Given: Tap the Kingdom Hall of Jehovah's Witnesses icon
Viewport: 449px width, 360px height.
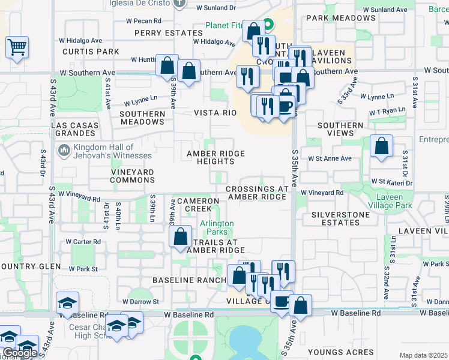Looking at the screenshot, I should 64,149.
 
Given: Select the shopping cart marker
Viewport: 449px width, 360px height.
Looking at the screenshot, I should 17,47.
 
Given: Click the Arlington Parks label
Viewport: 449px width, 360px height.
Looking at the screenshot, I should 217,227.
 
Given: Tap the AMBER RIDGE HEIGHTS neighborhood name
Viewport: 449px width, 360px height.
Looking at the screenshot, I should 215,157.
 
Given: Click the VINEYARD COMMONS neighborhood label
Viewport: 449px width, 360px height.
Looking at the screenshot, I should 132,176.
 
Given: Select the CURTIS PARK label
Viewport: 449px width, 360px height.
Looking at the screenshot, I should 91,52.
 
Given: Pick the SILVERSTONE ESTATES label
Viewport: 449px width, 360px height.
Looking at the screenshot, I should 341,218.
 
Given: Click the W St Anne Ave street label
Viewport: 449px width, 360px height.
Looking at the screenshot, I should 330,158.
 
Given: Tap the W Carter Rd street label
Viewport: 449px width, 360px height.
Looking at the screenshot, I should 83,242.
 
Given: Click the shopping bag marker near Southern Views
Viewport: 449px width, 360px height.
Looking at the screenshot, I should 381,146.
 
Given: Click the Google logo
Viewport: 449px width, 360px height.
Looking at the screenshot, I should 20,353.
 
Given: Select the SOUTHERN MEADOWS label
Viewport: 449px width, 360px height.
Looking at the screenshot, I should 142,118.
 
